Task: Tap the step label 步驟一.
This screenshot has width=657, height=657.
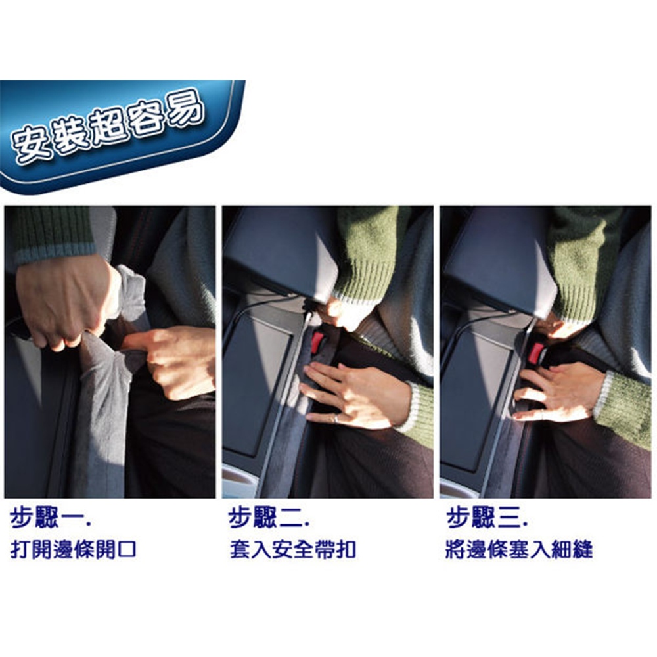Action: pyautogui.click(x=51, y=518)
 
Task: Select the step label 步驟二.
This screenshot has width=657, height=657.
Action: pyautogui.click(x=269, y=518)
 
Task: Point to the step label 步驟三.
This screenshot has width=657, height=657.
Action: pyautogui.click(x=487, y=518)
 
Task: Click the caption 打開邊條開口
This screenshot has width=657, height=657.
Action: pyautogui.click(x=74, y=549)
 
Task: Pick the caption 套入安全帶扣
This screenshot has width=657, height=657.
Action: pyautogui.click(x=292, y=549)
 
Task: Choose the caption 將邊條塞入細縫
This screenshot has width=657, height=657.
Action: pyautogui.click(x=519, y=549)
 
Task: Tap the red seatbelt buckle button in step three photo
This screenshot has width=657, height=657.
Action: pyautogui.click(x=535, y=353)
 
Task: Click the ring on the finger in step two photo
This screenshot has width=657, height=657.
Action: pyautogui.click(x=336, y=418)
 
